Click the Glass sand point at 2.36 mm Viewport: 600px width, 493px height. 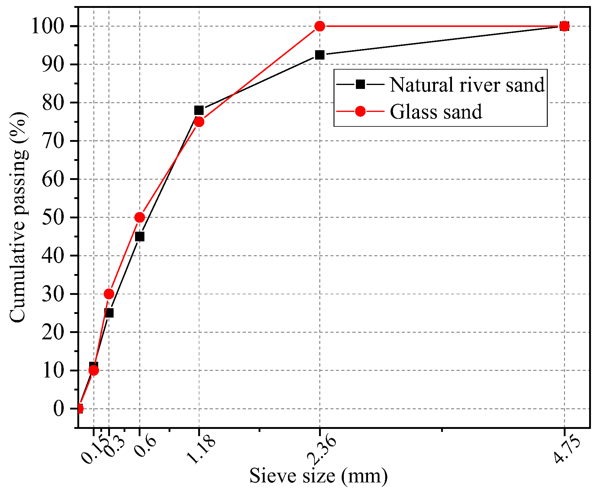(x=320, y=26)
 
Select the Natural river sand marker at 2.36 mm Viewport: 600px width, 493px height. (x=320, y=55)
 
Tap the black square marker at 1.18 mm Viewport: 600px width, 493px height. (x=199, y=110)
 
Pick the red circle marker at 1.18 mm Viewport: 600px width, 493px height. (x=199, y=122)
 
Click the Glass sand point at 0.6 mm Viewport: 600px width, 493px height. (x=140, y=217)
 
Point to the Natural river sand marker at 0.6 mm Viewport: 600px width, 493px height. (x=140, y=237)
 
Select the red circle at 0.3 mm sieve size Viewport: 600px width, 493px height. (x=109, y=294)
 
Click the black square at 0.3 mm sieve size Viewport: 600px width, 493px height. (x=109, y=313)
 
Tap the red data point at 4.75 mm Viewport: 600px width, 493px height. (x=564, y=26)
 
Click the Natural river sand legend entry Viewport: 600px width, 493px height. (x=467, y=85)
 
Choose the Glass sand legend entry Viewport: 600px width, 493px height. (x=436, y=112)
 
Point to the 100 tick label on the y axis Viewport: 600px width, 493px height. (x=48, y=26)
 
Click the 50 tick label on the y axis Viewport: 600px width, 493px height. (x=53, y=217)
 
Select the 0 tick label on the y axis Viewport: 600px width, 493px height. (x=59, y=409)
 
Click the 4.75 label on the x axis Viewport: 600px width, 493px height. (x=567, y=449)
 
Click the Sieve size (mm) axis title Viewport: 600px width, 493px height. (x=318, y=476)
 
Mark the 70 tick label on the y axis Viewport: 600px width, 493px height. (x=53, y=141)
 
